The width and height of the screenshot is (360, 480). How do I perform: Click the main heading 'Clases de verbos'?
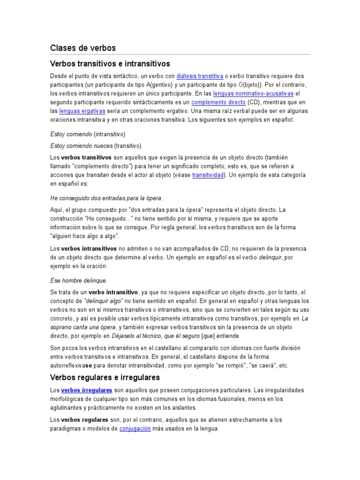tap(82, 48)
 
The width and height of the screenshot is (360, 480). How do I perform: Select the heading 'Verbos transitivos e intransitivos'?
tap(110, 63)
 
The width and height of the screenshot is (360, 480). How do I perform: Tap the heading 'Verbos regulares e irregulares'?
tap(105, 377)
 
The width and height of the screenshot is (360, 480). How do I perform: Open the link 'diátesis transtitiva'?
tap(200, 76)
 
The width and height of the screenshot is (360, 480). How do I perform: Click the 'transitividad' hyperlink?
tap(209, 175)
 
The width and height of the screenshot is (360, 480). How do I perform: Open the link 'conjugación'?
tap(135, 429)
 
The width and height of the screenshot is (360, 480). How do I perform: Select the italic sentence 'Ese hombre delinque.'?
tap(78, 280)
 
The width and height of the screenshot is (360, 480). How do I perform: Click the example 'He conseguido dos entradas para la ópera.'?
tap(106, 198)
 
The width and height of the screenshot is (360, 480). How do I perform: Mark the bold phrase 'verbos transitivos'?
tap(86, 157)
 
